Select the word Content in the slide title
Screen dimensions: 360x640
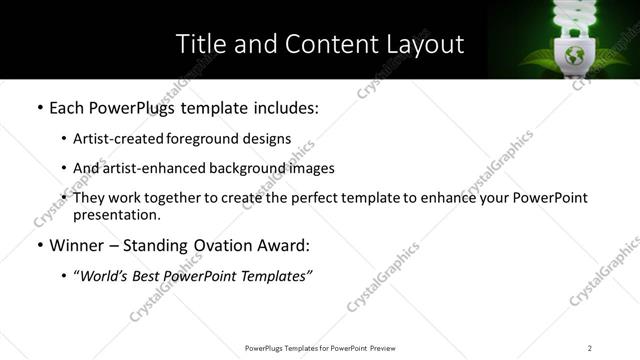coord(320,44)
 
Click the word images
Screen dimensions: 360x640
coord(311,168)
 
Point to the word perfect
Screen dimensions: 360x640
coord(306,198)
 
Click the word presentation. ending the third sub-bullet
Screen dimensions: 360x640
coord(116,214)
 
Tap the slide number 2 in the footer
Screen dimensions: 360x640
coord(590,347)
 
